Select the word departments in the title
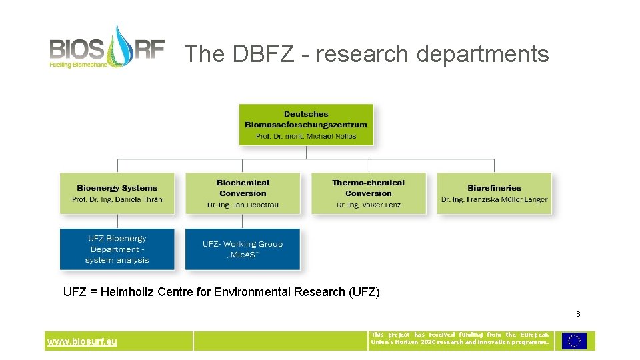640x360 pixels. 483,54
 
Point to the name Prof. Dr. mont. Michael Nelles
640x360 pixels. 306,136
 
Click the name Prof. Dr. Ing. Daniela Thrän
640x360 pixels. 117,199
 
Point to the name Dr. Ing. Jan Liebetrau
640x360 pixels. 243,205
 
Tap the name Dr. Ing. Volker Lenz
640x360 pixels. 368,205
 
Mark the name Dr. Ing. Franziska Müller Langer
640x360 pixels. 494,199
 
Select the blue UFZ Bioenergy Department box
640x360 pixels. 117,249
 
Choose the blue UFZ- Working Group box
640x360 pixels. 243,249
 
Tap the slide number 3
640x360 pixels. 578,314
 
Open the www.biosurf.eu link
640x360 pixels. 82,342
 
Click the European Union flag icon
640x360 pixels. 574,341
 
